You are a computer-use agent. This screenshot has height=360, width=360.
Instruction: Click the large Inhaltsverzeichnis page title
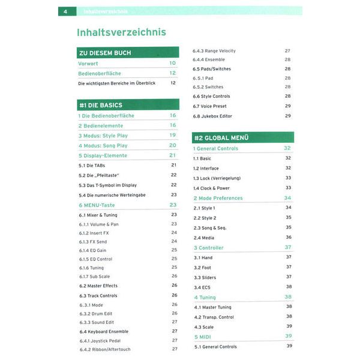click(x=122, y=32)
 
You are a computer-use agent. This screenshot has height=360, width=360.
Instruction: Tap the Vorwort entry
click(x=88, y=63)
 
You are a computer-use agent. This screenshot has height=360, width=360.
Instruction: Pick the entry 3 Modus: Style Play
click(x=103, y=136)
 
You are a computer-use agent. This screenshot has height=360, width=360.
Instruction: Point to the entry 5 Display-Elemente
click(x=103, y=155)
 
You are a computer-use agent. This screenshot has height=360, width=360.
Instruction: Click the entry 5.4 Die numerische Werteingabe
click(x=112, y=195)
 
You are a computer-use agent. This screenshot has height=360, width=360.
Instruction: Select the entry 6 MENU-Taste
click(x=97, y=205)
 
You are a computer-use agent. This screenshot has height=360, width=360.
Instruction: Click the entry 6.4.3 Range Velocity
click(x=214, y=51)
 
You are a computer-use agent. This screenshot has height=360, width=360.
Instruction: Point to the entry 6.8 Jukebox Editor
click(x=212, y=116)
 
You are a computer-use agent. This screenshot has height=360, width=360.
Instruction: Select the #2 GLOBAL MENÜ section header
click(x=222, y=137)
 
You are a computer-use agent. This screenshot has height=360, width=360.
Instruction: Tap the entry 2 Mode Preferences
click(x=218, y=198)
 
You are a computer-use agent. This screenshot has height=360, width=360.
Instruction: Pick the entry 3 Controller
click(x=208, y=247)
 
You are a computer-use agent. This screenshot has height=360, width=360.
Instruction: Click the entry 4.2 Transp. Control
click(x=214, y=317)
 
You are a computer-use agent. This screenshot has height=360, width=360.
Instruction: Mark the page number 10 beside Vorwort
click(x=172, y=63)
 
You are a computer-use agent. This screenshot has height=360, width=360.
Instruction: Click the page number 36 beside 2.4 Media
click(x=289, y=238)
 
